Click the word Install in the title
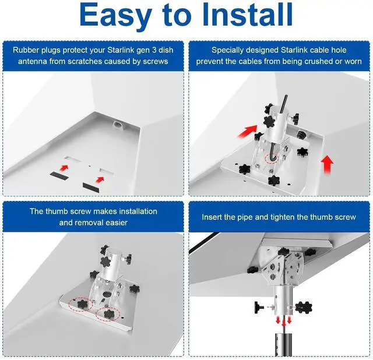(247, 14)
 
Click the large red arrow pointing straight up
(328, 164)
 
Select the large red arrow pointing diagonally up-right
(248, 131)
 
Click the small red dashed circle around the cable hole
(272, 158)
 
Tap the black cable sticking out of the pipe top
(284, 104)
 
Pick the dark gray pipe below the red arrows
(284, 345)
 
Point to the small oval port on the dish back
(118, 124)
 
